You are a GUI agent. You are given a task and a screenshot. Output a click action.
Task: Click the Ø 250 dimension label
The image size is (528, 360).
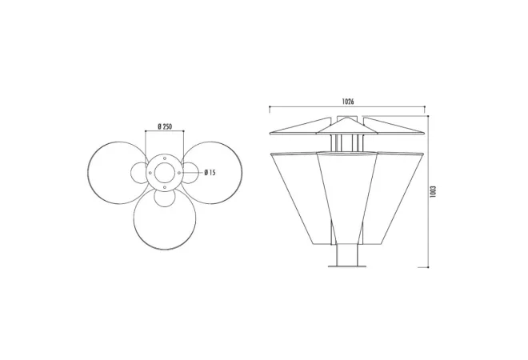tap(165, 126)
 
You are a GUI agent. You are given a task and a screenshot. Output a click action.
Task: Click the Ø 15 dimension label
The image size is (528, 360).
tap(210, 173)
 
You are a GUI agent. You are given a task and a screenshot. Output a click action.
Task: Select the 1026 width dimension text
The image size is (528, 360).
tap(348, 102)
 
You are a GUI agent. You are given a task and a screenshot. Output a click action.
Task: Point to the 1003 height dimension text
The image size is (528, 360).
tap(433, 191)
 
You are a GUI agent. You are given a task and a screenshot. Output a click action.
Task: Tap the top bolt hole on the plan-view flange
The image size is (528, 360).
tap(165, 158)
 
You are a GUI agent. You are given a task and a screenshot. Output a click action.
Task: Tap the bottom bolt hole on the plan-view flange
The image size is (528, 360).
tap(165, 187)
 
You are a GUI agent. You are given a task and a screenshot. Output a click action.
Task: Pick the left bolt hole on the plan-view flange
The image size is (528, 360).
tap(150, 173)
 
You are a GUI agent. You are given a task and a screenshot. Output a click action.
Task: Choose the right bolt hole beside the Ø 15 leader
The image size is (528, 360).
tap(179, 173)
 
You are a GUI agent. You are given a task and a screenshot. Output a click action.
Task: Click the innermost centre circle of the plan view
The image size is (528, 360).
tap(165, 163)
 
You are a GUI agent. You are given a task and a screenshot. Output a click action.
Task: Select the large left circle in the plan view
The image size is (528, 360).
tap(88, 173)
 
